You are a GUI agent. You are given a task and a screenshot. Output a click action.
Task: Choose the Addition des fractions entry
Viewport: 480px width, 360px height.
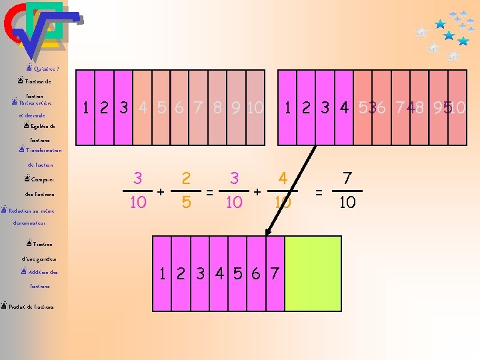tap(43, 272)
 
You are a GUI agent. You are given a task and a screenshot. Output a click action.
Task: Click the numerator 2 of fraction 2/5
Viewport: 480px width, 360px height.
tap(187, 178)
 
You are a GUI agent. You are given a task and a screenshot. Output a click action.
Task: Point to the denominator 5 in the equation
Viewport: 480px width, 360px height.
tap(187, 202)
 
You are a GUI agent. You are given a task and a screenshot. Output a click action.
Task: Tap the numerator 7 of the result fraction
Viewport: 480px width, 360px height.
tap(347, 178)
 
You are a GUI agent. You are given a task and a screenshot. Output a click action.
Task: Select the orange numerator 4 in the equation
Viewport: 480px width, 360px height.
tap(283, 178)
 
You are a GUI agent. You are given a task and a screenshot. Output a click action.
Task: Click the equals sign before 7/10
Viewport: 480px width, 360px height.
tap(319, 192)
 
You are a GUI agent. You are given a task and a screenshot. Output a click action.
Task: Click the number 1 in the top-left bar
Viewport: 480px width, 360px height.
tap(85, 107)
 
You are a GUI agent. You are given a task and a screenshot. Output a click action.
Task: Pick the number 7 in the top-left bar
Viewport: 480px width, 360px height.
tap(198, 107)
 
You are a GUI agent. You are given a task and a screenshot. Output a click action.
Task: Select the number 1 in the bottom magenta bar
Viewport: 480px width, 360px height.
tap(163, 273)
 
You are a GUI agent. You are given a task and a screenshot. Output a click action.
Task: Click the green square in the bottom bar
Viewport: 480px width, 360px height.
tap(313, 264)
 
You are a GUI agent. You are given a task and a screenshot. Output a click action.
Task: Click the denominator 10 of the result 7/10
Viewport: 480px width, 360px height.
tap(347, 202)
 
